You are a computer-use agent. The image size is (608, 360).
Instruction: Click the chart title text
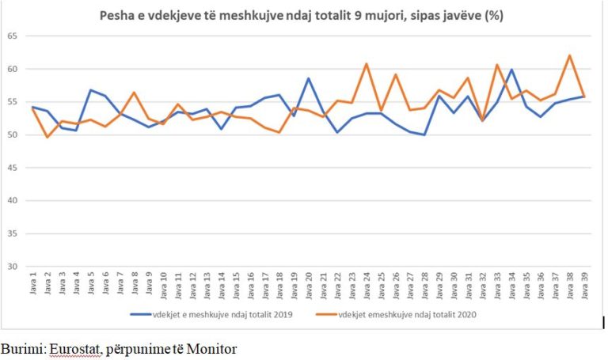click(301, 15)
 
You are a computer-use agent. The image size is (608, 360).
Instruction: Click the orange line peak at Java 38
click(569, 55)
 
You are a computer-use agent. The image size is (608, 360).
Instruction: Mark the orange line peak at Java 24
click(367, 63)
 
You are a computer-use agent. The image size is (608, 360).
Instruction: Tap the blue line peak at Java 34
click(511, 70)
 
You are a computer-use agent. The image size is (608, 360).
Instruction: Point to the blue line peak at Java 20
click(309, 78)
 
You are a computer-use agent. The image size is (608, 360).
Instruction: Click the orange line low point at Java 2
click(47, 137)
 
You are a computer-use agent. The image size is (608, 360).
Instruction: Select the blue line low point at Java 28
click(424, 135)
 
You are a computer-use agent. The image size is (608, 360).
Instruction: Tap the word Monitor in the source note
click(213, 347)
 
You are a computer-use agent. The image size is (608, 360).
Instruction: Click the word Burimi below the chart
click(22, 347)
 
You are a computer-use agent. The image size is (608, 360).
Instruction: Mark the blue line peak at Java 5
click(91, 90)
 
